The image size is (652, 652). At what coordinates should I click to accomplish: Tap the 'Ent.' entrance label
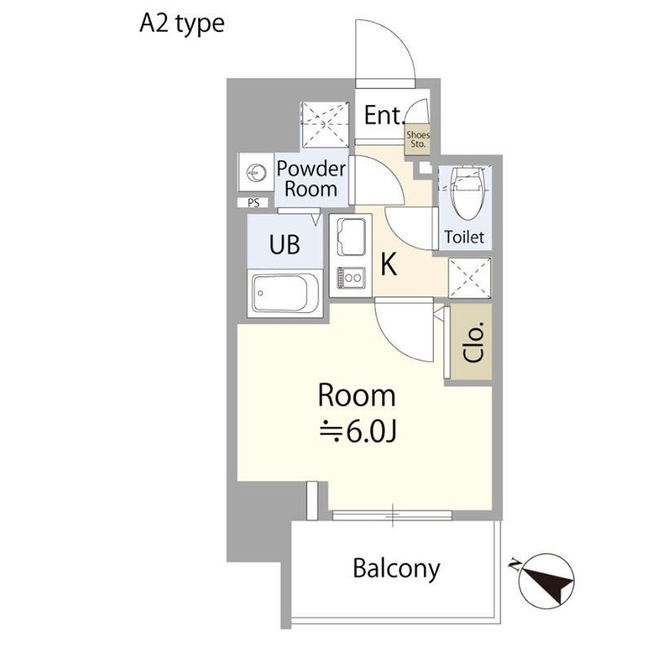pyautogui.click(x=385, y=115)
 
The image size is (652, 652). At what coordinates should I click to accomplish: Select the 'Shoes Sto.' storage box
pyautogui.click(x=418, y=139)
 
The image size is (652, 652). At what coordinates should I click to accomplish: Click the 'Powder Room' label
pyautogui.click(x=311, y=178)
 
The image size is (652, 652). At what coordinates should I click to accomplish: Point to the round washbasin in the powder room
pyautogui.click(x=256, y=173)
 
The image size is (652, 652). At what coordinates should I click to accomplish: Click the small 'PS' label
pyautogui.click(x=253, y=202)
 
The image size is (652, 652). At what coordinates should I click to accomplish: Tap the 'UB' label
pyautogui.click(x=284, y=244)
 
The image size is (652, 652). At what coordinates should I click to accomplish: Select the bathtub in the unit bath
pyautogui.click(x=285, y=293)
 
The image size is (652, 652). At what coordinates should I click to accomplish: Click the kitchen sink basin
pyautogui.click(x=351, y=237)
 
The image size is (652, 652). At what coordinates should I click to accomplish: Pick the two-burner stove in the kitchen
pyautogui.click(x=351, y=277)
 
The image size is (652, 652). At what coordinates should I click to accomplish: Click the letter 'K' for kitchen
pyautogui.click(x=389, y=264)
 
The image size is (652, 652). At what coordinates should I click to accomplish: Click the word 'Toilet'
pyautogui.click(x=465, y=237)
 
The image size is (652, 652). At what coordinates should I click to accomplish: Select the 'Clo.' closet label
pyautogui.click(x=474, y=341)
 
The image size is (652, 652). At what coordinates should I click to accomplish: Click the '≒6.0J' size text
pyautogui.click(x=357, y=433)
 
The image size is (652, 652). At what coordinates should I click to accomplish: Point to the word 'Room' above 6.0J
pyautogui.click(x=357, y=395)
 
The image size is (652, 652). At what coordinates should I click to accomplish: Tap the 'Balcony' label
pyautogui.click(x=396, y=568)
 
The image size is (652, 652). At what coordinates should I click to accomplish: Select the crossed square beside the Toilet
pyautogui.click(x=470, y=278)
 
